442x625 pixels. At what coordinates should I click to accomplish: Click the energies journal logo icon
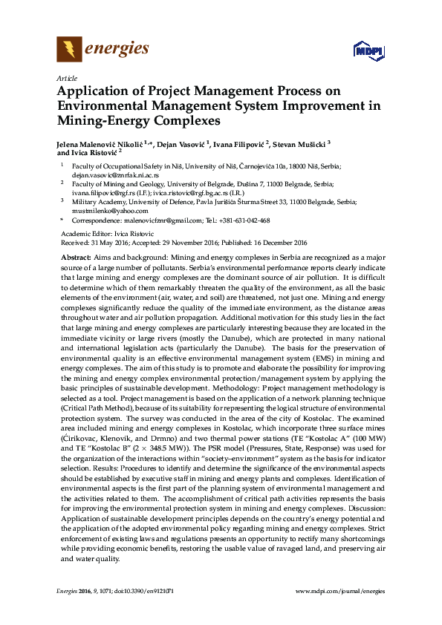(x=70, y=49)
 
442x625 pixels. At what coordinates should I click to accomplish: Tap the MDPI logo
(x=368, y=50)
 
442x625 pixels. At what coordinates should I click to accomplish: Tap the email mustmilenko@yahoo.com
(x=105, y=210)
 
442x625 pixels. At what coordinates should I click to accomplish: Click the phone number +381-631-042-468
(x=244, y=220)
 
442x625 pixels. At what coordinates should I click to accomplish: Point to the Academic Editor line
(x=102, y=234)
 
